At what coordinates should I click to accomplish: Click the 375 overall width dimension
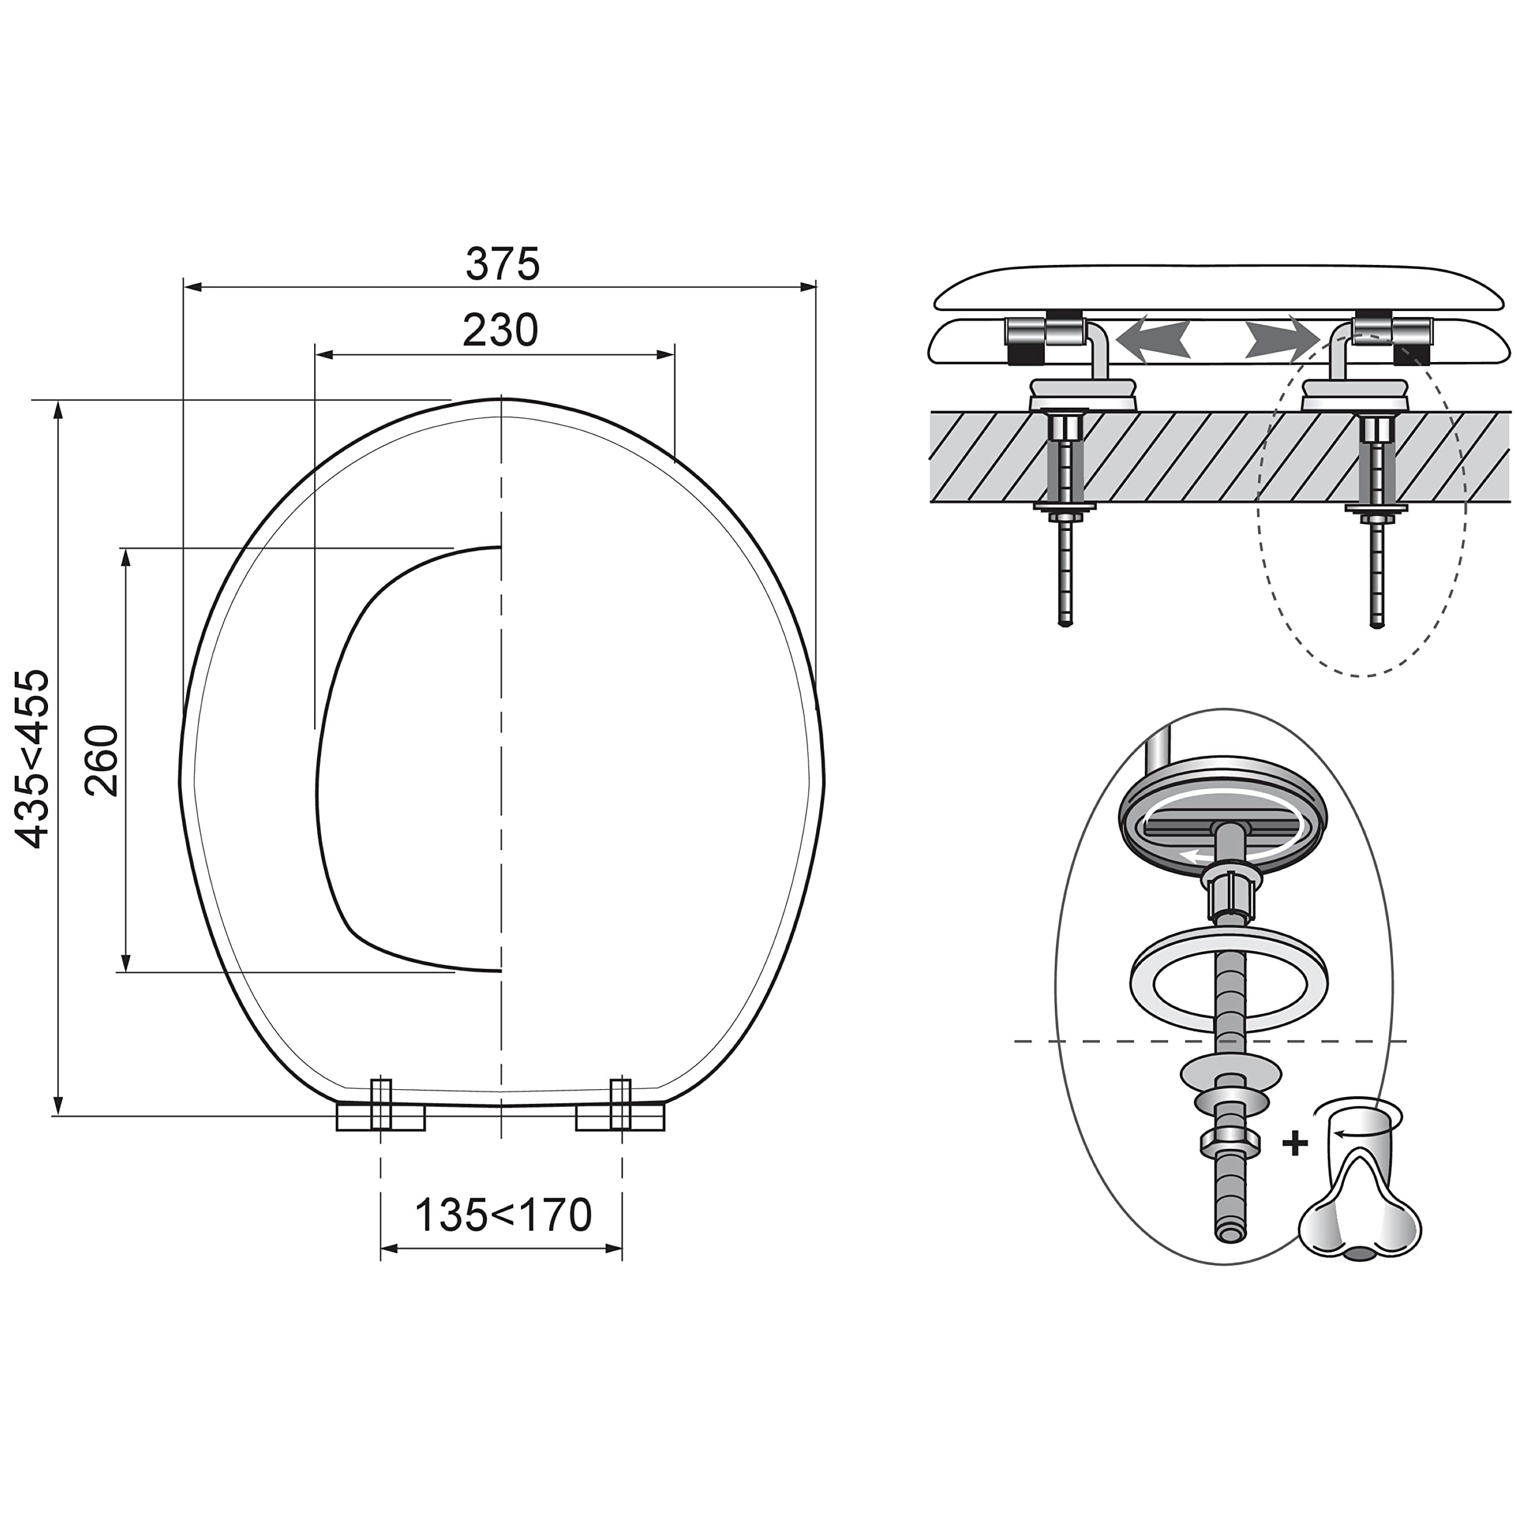point(503,264)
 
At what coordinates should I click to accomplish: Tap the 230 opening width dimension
point(500,330)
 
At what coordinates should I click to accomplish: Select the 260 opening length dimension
point(102,760)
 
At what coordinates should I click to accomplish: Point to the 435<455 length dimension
point(34,758)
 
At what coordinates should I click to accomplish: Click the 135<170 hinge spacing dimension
point(503,1215)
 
